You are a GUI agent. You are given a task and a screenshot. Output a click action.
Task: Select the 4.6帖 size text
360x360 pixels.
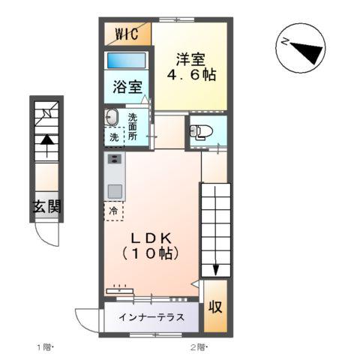tap(190, 76)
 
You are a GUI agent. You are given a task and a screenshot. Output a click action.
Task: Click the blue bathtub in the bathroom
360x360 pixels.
tap(125, 61)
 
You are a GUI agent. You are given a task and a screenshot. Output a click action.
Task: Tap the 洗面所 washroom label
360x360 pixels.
tap(133, 127)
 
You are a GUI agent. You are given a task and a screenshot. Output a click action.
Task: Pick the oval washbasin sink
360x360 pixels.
tap(112, 118)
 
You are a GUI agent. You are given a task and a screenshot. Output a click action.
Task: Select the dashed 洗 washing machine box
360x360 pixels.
tap(113, 138)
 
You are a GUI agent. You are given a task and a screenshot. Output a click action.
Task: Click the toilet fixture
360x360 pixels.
tap(201, 132)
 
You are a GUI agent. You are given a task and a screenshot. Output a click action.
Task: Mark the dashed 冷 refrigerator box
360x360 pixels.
tap(113, 210)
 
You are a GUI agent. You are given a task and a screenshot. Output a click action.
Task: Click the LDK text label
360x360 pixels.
tap(152, 238)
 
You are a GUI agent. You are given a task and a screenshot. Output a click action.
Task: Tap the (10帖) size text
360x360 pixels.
tap(151, 254)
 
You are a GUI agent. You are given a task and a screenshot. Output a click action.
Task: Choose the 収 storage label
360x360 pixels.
tap(214, 307)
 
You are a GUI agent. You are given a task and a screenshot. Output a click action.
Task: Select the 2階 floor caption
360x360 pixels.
tap(199, 347)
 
